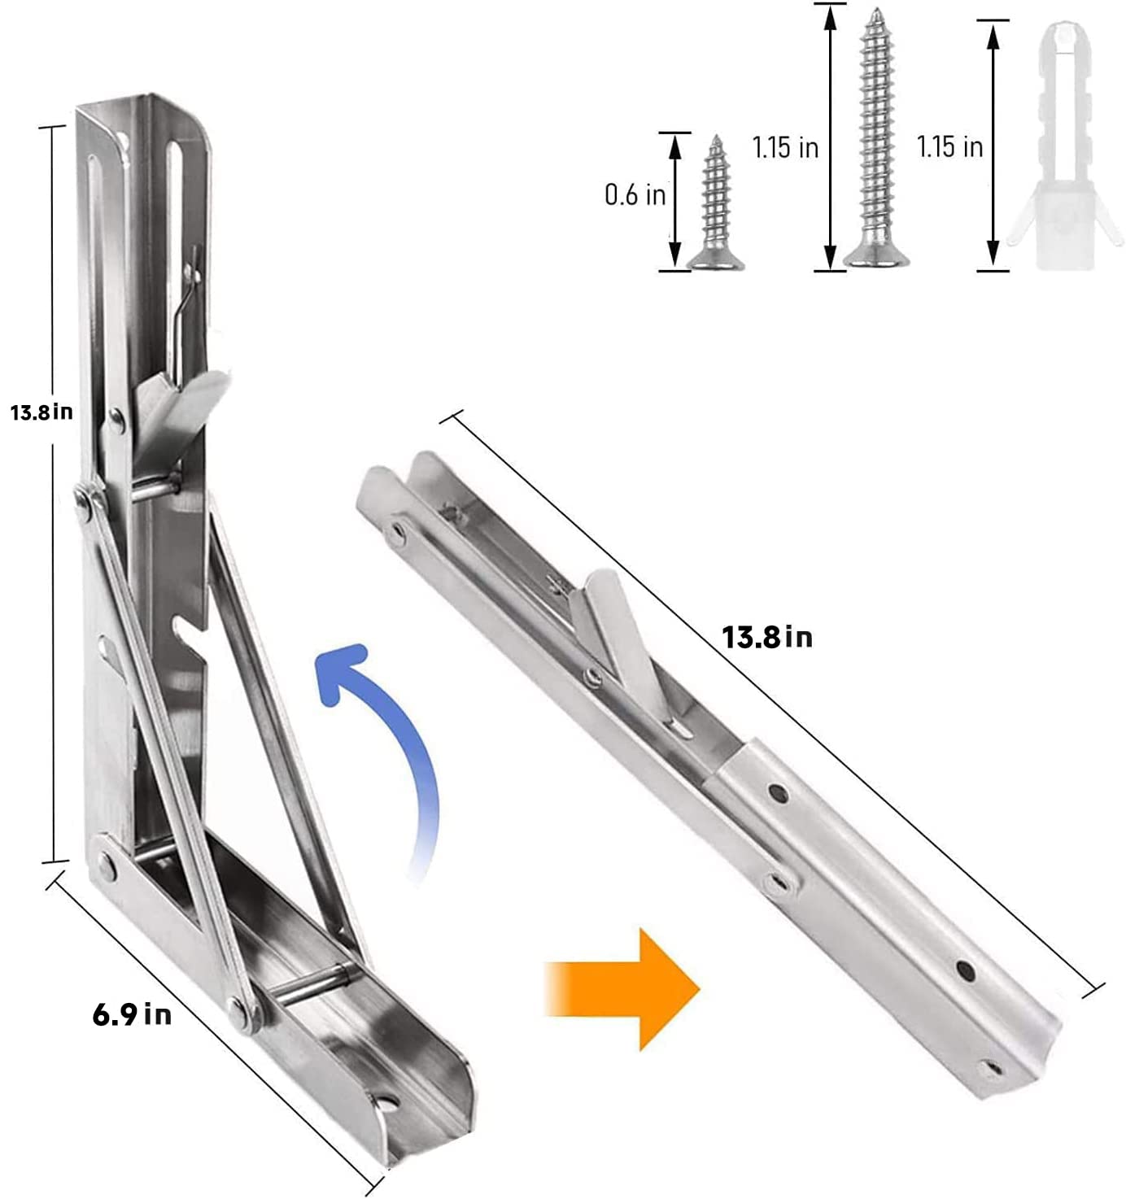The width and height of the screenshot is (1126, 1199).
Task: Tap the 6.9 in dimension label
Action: pyautogui.click(x=132, y=1014)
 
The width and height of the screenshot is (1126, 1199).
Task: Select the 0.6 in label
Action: pyautogui.click(x=635, y=194)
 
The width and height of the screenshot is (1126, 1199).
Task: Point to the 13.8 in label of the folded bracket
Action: pyautogui.click(x=767, y=636)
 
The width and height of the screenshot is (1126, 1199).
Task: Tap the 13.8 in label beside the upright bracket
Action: pyautogui.click(x=41, y=412)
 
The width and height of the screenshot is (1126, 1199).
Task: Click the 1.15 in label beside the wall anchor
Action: pyautogui.click(x=949, y=147)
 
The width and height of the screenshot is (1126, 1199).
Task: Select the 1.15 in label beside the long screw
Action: pyautogui.click(x=785, y=147)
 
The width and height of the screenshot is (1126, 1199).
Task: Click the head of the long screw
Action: pyautogui.click(x=876, y=259)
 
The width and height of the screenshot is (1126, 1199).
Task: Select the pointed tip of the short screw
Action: pyautogui.click(x=716, y=140)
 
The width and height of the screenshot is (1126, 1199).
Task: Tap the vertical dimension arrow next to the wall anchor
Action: pyautogui.click(x=993, y=146)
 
